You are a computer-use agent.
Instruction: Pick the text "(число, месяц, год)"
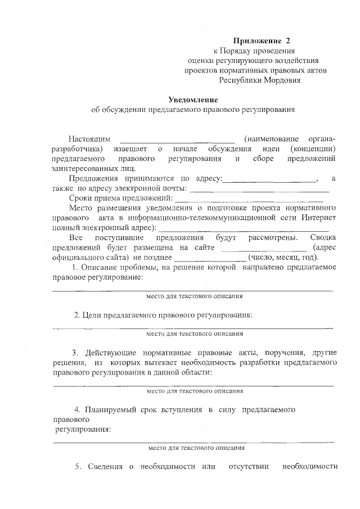tap(284, 258)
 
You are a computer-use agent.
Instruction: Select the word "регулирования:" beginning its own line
tap(82, 430)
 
